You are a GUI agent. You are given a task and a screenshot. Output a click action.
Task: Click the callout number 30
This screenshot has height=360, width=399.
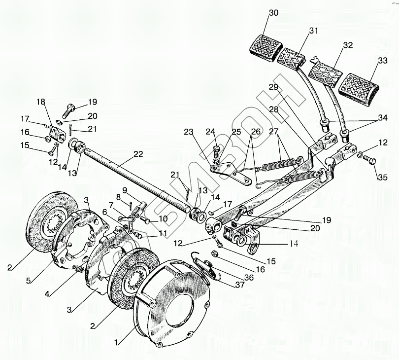273,13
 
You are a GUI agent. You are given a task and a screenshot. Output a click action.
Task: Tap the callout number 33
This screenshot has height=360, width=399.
382,61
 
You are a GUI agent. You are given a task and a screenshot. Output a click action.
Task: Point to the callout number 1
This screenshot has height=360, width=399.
116,343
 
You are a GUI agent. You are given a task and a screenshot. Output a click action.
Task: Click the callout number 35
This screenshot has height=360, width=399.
382,177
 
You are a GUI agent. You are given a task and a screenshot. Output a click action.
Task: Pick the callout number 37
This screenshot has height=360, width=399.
240,285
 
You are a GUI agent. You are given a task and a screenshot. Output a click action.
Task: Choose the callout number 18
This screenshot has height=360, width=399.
40,102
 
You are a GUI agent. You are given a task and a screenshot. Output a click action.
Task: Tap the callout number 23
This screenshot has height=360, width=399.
189,132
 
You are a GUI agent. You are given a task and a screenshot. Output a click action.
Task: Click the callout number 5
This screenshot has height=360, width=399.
29,281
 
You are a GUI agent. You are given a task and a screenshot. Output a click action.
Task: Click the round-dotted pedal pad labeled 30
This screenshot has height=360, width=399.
266,48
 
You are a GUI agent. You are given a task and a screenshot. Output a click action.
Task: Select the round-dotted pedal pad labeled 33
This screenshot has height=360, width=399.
359,90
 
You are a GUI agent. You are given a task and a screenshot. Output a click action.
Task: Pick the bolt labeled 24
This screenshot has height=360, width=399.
216,150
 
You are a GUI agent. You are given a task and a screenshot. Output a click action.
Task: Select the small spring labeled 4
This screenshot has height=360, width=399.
78,269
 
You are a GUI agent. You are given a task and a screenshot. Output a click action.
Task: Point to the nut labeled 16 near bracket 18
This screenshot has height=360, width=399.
47,139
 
